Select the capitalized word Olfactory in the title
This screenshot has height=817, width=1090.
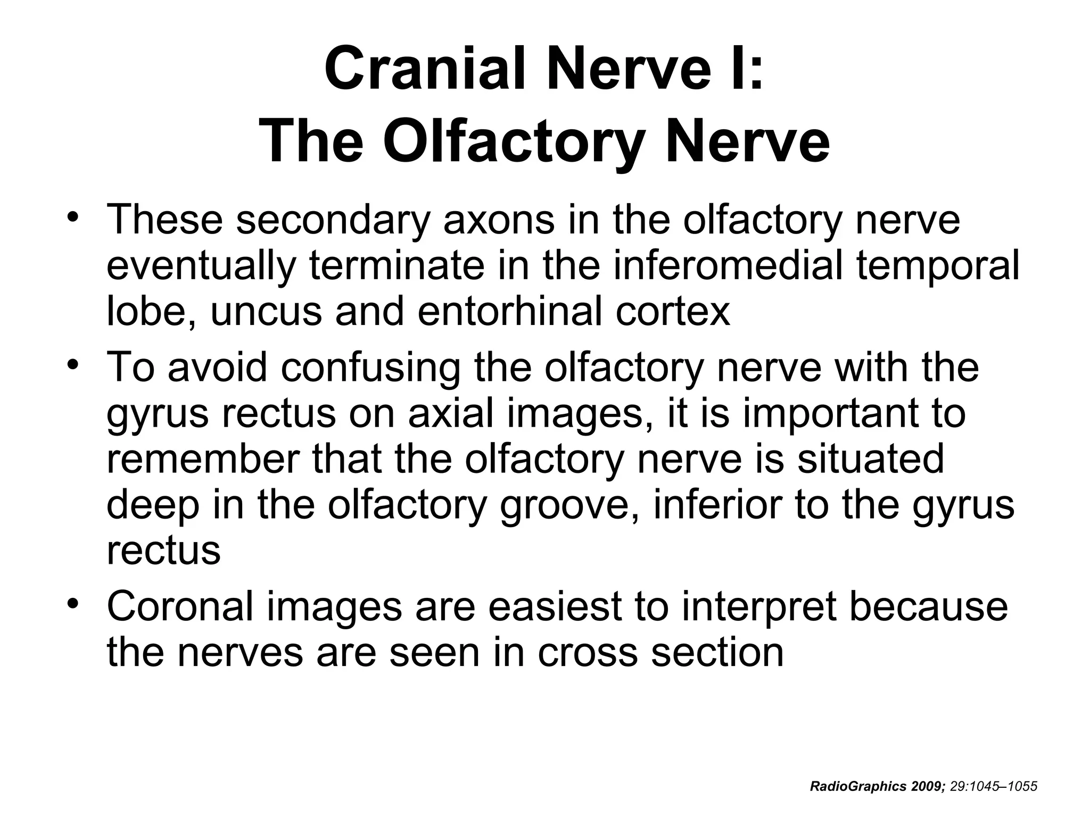(514, 141)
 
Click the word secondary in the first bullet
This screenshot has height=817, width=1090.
(333, 220)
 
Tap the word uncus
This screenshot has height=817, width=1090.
(266, 312)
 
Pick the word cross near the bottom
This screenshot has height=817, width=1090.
(587, 652)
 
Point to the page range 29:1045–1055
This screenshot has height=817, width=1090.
(994, 787)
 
